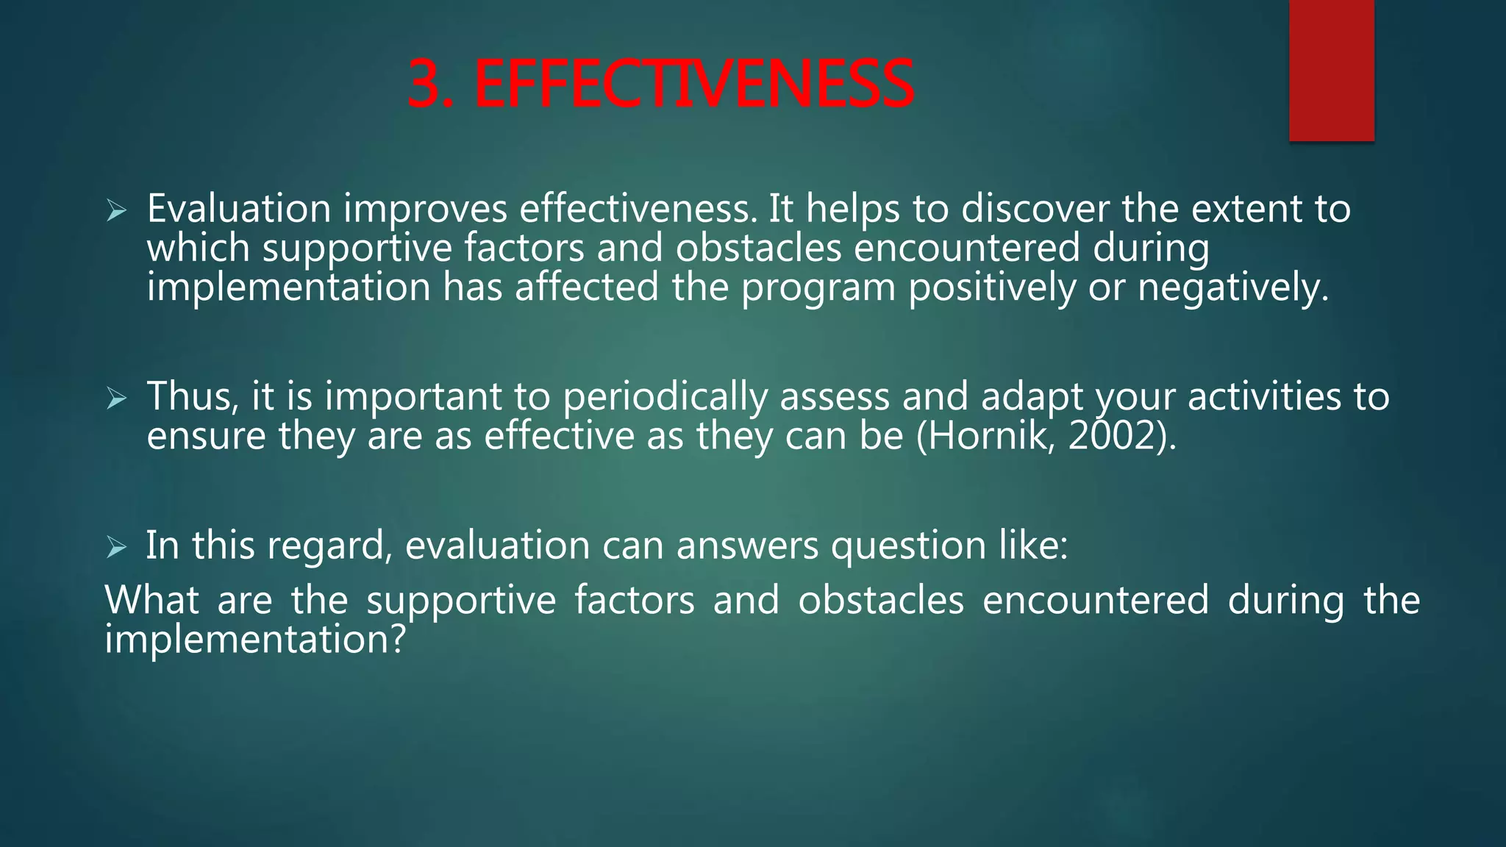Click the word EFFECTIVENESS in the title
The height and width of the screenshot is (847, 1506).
694,85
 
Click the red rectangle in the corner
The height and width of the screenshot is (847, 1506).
1331,70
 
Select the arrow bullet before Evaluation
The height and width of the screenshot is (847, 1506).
116,212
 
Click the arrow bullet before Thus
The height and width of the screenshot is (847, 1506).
116,399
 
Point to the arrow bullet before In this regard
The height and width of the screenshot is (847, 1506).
116,548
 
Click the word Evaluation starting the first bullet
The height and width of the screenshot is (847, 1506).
239,209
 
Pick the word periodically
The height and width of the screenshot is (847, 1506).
665,398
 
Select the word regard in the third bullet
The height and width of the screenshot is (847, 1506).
329,547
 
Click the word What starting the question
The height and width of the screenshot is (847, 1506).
151,600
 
